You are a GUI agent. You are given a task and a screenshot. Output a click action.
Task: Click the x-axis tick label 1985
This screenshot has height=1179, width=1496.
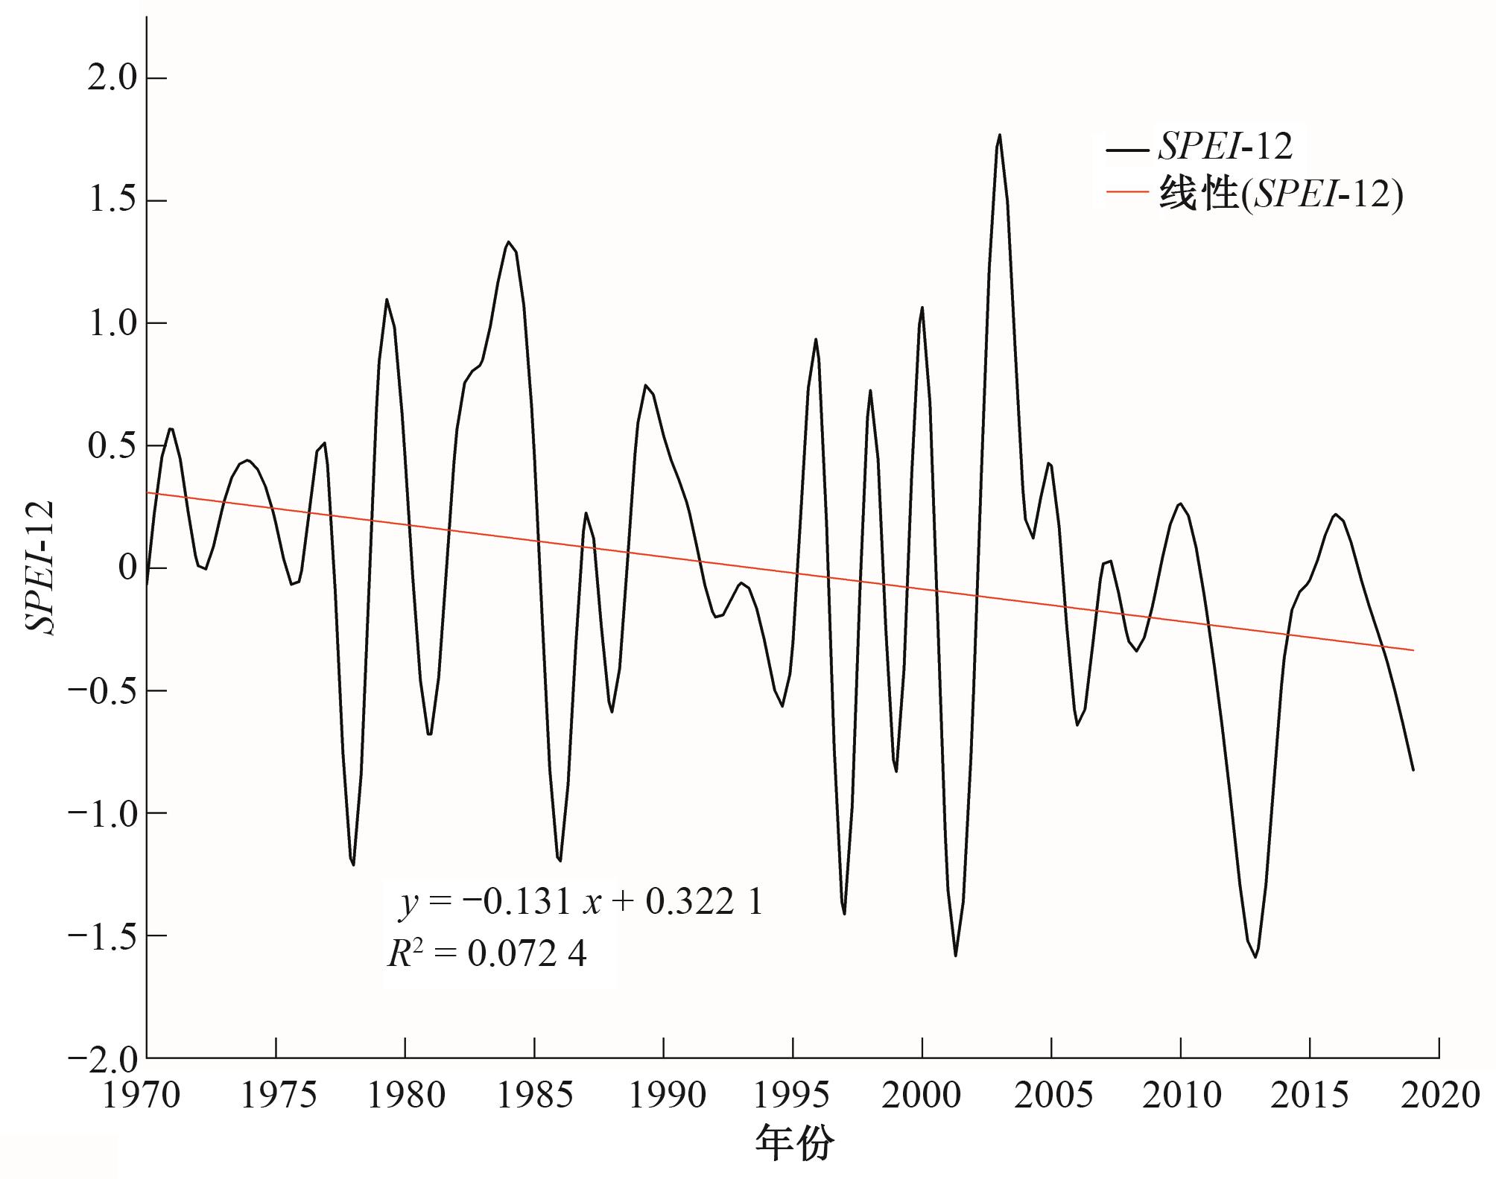tap(534, 1096)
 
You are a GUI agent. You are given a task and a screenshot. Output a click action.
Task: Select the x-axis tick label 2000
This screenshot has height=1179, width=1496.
tap(922, 1096)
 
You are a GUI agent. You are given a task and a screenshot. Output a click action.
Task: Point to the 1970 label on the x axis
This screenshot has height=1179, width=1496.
tap(142, 1096)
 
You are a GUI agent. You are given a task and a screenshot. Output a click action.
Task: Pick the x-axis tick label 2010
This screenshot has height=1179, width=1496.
tap(1181, 1096)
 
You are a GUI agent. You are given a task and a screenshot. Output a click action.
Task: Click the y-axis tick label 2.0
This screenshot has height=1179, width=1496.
tap(112, 79)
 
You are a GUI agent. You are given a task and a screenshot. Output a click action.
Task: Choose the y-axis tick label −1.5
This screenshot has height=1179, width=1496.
tap(104, 935)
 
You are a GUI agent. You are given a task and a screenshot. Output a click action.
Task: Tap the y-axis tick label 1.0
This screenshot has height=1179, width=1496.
tap(112, 324)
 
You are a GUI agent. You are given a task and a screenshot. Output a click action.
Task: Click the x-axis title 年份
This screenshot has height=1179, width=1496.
tap(794, 1144)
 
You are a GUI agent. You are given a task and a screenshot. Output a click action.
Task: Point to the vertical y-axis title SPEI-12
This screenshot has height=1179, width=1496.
tap(41, 568)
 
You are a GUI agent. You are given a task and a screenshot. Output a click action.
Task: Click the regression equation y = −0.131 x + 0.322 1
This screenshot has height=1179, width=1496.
tap(581, 903)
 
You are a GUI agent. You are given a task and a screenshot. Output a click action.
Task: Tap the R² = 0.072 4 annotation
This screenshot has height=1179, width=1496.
tap(488, 954)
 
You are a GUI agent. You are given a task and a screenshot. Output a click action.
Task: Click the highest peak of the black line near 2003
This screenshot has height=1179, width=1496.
tap(999, 136)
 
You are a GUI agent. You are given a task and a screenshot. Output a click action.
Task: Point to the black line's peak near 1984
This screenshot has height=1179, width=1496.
tap(508, 242)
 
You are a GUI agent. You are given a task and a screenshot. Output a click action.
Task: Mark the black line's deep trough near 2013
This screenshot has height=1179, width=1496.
tap(1255, 956)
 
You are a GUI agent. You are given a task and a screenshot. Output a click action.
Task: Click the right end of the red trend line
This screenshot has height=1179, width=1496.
tap(1413, 650)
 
